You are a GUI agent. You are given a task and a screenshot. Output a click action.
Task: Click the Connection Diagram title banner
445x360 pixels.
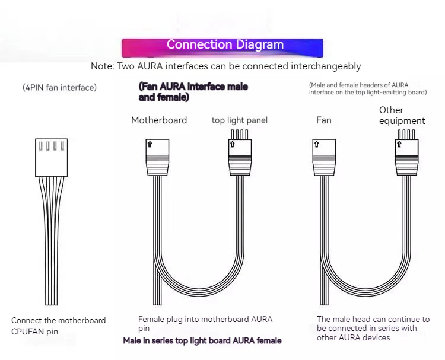(223, 45)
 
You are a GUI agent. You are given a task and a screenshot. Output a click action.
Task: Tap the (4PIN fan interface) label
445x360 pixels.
(59, 88)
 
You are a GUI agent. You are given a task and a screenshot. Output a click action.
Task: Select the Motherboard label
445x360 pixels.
(159, 120)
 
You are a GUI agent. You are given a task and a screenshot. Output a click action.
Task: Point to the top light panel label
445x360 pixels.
(240, 120)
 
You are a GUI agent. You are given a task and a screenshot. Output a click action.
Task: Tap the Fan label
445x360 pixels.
(324, 120)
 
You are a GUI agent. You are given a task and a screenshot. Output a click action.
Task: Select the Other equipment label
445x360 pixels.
(402, 116)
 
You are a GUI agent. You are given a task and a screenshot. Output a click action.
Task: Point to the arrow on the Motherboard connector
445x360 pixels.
(150, 144)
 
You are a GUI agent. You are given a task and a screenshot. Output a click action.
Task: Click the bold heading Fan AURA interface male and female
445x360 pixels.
(193, 92)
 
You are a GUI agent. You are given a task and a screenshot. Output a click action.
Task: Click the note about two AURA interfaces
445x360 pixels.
(225, 66)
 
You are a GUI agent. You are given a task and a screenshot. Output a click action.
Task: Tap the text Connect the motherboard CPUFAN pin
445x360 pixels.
(58, 326)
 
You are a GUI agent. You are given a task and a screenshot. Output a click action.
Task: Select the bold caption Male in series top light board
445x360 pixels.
(202, 340)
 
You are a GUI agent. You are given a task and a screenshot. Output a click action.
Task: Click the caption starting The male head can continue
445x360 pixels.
(373, 328)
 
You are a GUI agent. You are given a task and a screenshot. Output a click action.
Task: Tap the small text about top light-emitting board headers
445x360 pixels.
(368, 89)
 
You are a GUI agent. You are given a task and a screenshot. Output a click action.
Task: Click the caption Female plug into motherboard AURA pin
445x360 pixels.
(205, 323)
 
